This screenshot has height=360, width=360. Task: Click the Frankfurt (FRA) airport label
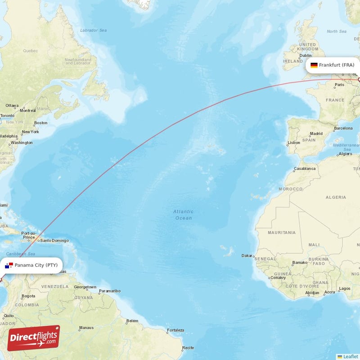click(x=336, y=65)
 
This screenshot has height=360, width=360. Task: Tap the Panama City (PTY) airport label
click(x=36, y=265)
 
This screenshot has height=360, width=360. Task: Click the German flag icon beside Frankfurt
click(x=314, y=65)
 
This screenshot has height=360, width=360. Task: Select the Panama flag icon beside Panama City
click(x=9, y=265)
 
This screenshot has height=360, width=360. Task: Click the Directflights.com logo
click(x=34, y=337)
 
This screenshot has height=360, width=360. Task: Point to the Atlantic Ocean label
click(x=184, y=215)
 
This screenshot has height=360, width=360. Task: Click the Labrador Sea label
click(x=93, y=30)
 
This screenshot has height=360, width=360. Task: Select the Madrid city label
click(x=316, y=134)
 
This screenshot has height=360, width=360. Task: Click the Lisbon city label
click(x=294, y=143)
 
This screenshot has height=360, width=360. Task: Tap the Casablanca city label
click(x=305, y=169)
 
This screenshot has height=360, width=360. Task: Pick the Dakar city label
click(x=247, y=256)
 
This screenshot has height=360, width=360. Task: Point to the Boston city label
click(x=40, y=122)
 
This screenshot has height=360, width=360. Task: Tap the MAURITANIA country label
click(x=282, y=233)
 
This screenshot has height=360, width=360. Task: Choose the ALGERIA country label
click(x=335, y=197)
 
